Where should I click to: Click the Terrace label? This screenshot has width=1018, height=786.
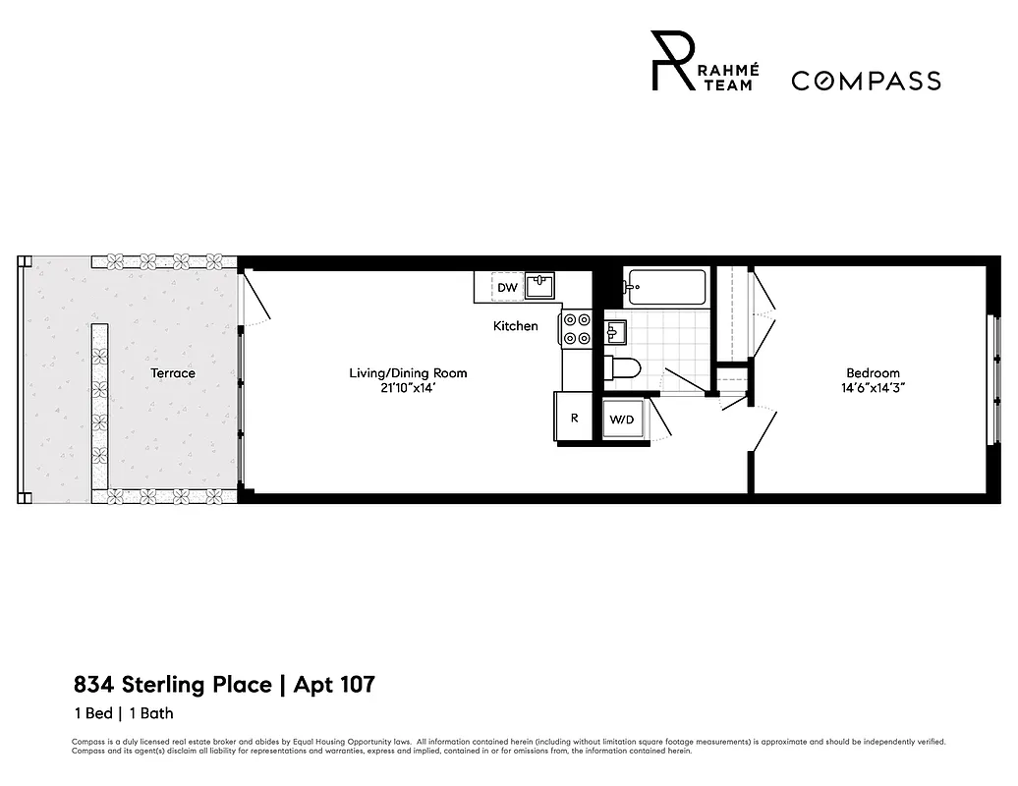tap(172, 373)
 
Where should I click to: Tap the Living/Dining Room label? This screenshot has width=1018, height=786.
tap(408, 373)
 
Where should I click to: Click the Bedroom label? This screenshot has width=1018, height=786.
tap(873, 373)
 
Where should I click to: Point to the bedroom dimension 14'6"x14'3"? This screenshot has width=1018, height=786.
tap(873, 388)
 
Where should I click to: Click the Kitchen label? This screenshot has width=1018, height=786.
tap(515, 326)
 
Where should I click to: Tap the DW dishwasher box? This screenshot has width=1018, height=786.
tap(507, 287)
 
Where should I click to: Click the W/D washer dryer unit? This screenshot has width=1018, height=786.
tap(622, 420)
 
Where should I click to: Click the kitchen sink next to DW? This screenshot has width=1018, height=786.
tap(538, 286)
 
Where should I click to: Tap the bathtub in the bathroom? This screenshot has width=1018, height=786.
tap(666, 288)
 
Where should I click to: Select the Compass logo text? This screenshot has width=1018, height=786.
tap(866, 81)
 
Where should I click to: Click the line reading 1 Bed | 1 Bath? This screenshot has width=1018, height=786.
tap(123, 714)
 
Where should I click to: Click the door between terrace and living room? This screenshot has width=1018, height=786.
tap(253, 300)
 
